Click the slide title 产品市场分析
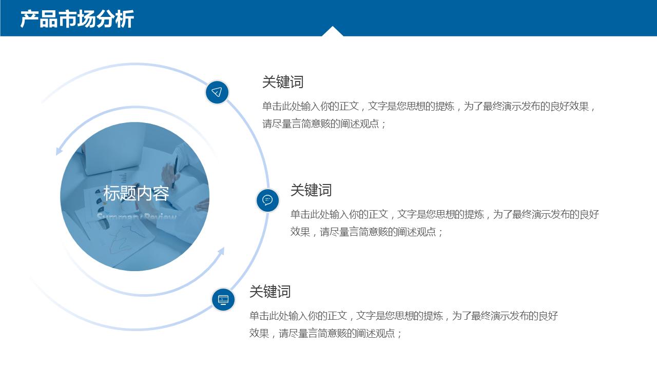pyautogui.click(x=77, y=19)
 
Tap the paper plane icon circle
pyautogui.click(x=217, y=92)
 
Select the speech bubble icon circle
pyautogui.click(x=267, y=200)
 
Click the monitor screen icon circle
pyautogui.click(x=223, y=299)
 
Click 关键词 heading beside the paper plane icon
pyautogui.click(x=283, y=82)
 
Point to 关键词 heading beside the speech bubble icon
pyautogui.click(x=311, y=190)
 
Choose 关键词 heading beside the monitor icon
pyautogui.click(x=270, y=292)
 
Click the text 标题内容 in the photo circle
pyautogui.click(x=136, y=193)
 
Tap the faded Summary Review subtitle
pyautogui.click(x=137, y=217)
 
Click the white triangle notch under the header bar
pyautogui.click(x=333, y=32)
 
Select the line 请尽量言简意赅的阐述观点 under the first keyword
pyautogui.click(x=324, y=124)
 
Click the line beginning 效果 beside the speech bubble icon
pyautogui.click(x=366, y=232)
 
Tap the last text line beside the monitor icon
pyautogui.click(x=325, y=333)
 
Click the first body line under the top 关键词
pyautogui.click(x=429, y=107)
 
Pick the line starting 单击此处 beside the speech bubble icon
pyautogui.click(x=445, y=214)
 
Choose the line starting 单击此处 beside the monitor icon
pyautogui.click(x=403, y=316)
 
